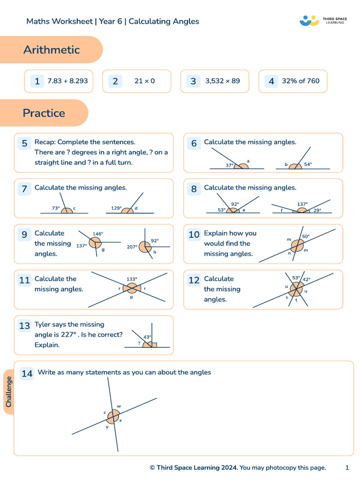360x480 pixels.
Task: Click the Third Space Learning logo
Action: coord(323,21)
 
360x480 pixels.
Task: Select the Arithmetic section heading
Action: coord(52,50)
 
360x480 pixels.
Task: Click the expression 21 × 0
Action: coord(144,81)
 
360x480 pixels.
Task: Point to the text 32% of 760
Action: coord(300,81)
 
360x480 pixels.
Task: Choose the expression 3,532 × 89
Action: coord(222,81)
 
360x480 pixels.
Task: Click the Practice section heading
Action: coord(44,113)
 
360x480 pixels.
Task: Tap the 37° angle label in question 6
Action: coord(230,165)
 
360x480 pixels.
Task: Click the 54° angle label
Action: coord(308,165)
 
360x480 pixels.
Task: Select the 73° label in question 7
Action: coord(56,208)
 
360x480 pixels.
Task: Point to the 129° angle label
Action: coord(116,208)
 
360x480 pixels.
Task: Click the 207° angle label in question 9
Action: coord(132,247)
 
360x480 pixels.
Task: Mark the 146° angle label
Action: coord(98,233)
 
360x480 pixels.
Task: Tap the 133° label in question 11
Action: coord(132,279)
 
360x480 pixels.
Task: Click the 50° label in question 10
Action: coord(306,236)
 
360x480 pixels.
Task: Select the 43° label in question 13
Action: coord(147,337)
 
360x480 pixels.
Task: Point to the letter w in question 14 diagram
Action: coord(119,406)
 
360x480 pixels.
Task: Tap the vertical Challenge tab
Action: coord(9,392)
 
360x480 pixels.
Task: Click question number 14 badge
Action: coord(27,373)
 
